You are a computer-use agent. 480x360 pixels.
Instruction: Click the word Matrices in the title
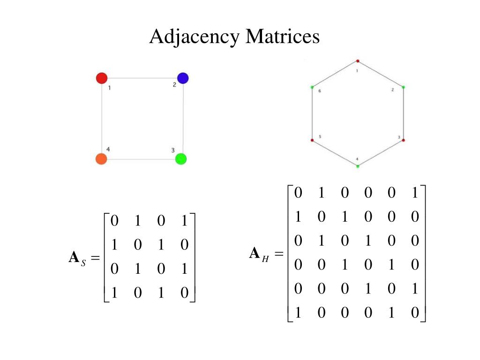click(x=283, y=37)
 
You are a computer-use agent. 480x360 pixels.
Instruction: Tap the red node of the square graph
click(x=102, y=78)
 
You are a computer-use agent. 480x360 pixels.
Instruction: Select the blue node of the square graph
click(x=183, y=78)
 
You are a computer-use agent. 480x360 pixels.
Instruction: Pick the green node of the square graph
click(x=181, y=159)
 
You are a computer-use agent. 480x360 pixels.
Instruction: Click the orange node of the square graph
click(x=101, y=159)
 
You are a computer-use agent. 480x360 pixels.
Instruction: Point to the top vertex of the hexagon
click(x=358, y=61)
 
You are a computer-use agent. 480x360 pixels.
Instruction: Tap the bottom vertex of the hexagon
click(x=358, y=166)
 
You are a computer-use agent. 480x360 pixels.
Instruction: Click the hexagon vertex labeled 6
click(x=312, y=87)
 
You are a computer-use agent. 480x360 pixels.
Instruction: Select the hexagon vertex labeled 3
click(x=403, y=140)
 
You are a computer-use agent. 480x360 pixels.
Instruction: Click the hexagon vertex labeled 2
click(x=403, y=87)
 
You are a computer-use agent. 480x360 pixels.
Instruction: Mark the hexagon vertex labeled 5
click(x=312, y=140)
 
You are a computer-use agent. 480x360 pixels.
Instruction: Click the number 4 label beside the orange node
click(x=108, y=149)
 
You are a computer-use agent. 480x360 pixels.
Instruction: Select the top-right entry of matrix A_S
click(x=184, y=220)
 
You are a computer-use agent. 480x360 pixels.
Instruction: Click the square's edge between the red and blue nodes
click(x=142, y=78)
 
